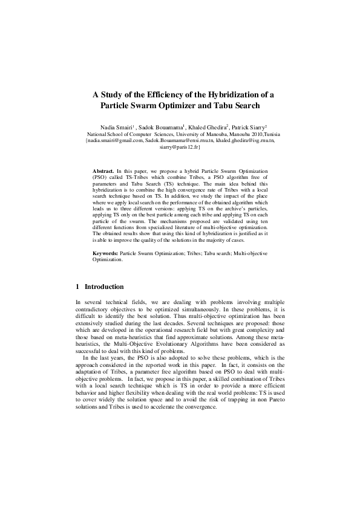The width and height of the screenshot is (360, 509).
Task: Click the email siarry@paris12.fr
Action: (x=180, y=146)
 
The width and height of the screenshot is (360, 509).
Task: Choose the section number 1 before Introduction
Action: (x=77, y=287)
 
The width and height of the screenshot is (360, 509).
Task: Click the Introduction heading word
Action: (x=104, y=287)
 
